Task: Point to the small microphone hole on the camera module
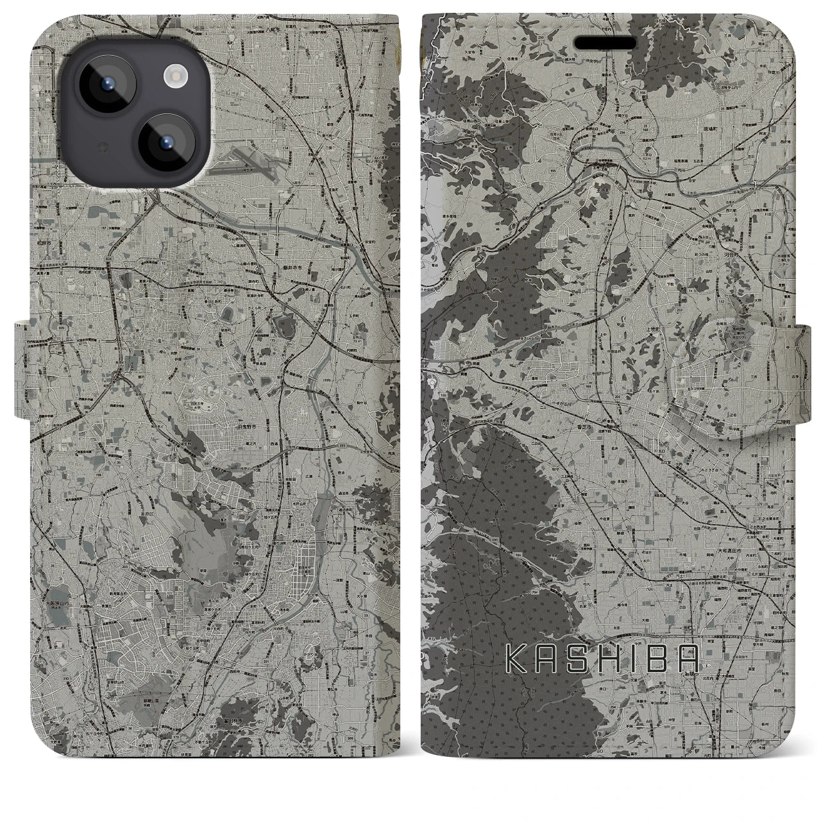(x=101, y=147)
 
